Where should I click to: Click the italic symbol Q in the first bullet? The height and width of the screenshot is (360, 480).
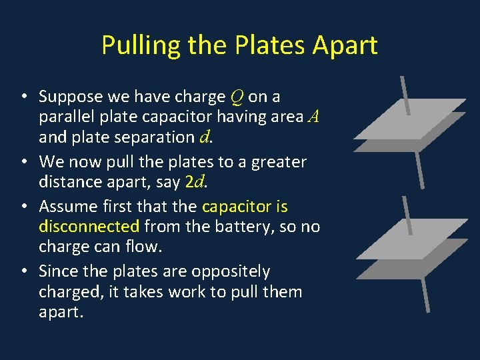click(x=237, y=97)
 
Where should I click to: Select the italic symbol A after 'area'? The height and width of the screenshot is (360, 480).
click(x=315, y=117)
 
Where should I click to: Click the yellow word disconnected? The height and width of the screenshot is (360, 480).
click(x=89, y=226)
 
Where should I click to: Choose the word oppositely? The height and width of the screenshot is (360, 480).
click(x=231, y=271)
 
